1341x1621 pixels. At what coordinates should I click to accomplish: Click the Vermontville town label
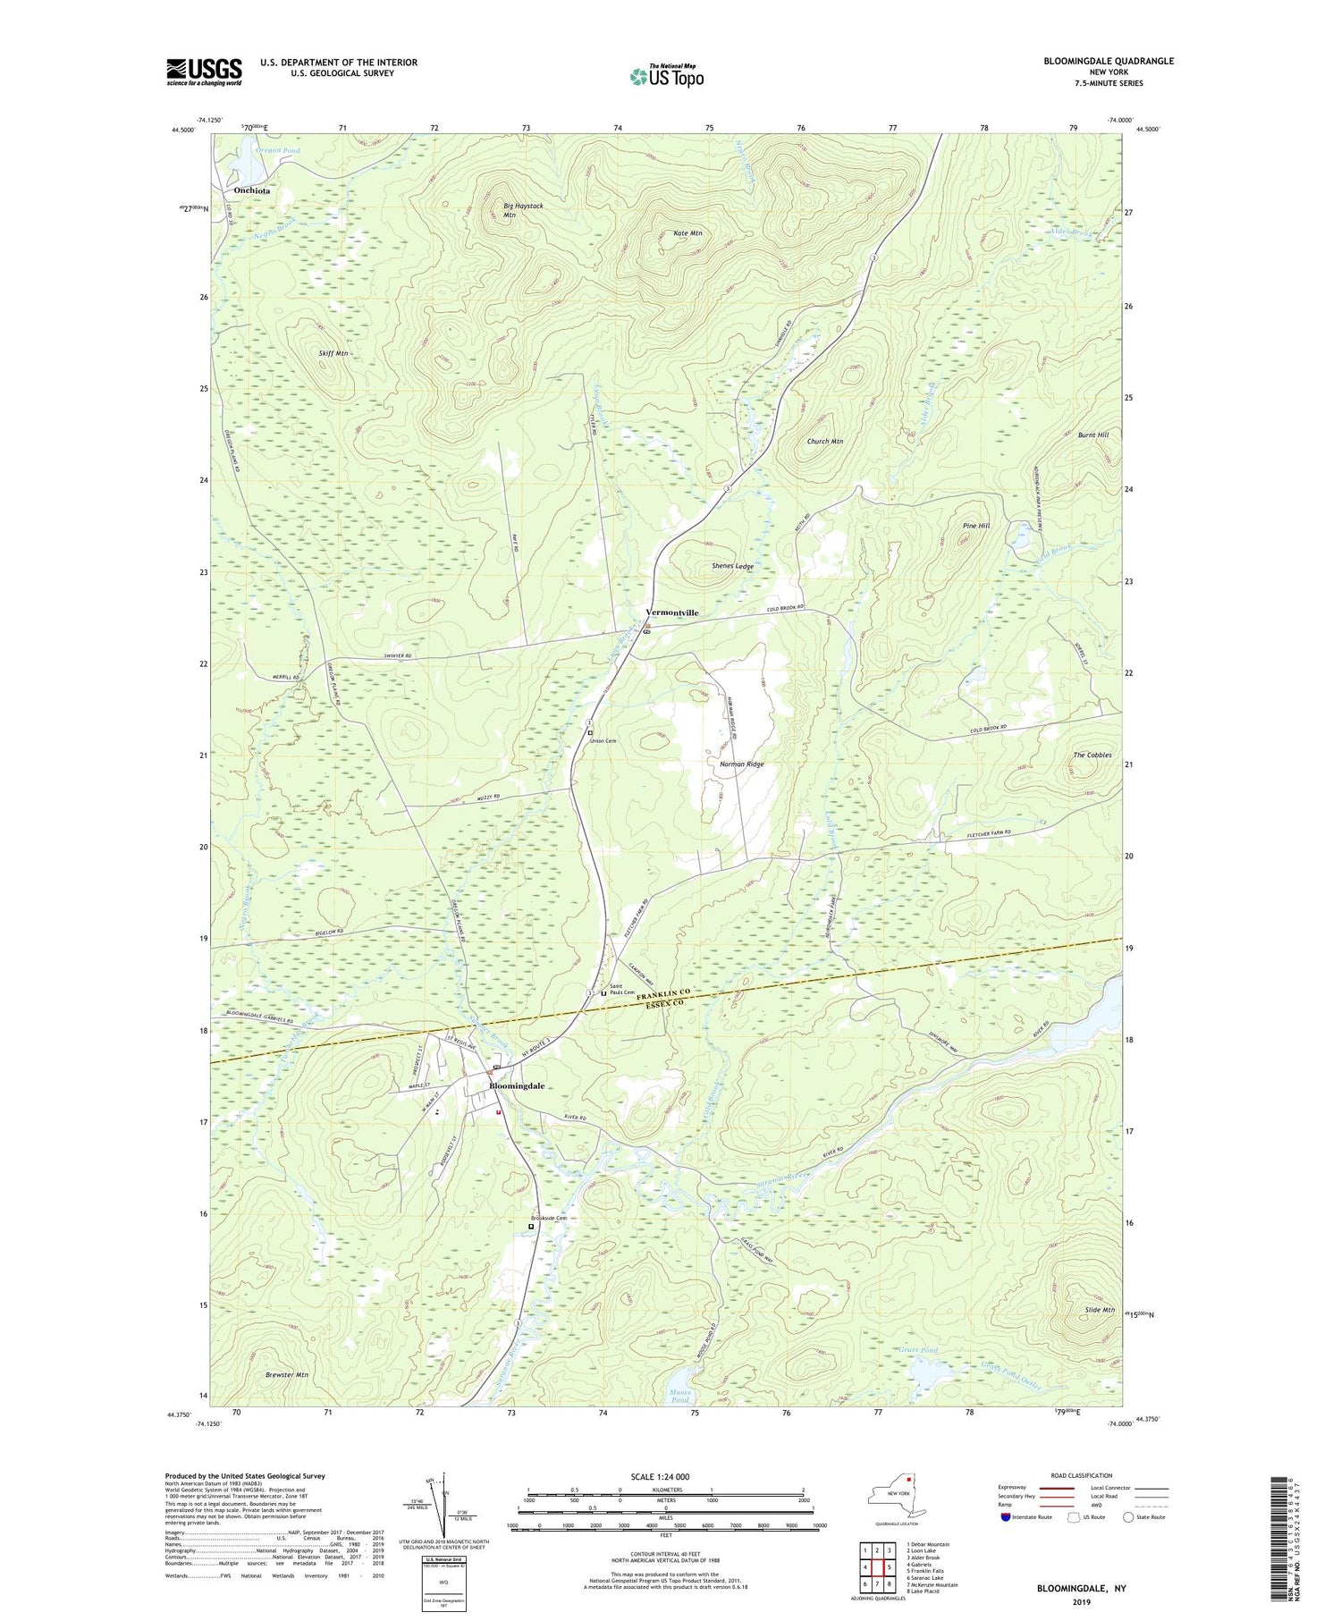(x=671, y=612)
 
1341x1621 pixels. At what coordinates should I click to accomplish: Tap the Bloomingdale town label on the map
(x=517, y=1085)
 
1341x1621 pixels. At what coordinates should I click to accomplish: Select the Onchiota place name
(x=251, y=190)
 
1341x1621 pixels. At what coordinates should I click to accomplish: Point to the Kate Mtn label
(x=687, y=233)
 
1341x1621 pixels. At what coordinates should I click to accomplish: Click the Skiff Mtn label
(x=333, y=353)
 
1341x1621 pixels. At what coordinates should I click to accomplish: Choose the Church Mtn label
(x=824, y=442)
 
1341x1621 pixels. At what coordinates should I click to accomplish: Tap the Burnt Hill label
(x=1092, y=435)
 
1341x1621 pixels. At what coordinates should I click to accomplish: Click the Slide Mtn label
(x=1099, y=1310)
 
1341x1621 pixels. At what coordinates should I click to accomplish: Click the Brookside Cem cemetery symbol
(x=530, y=1228)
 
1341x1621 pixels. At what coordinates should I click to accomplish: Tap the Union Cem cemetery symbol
(x=590, y=733)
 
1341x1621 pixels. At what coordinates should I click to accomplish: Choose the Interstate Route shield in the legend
(x=1007, y=1517)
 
